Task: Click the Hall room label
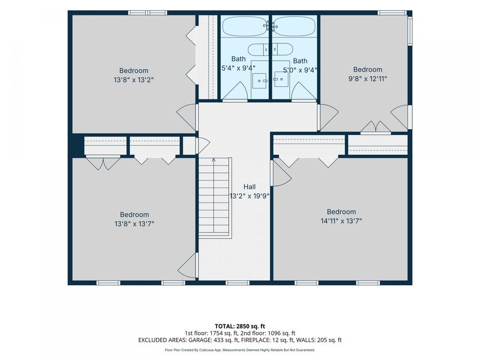point(250,187)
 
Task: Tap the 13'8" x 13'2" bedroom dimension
point(134,80)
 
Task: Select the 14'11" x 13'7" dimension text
point(341,221)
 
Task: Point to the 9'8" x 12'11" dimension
point(367,79)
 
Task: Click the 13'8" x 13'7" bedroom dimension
point(134,224)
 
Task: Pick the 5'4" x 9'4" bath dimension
point(238,68)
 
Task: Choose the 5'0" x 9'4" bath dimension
point(300,70)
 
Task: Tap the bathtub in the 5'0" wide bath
point(294,26)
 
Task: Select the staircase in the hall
point(214,198)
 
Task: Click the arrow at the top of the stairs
point(214,160)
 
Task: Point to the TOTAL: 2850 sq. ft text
point(239,326)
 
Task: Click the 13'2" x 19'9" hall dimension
point(250,196)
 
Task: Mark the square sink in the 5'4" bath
point(260,80)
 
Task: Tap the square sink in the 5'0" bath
point(281,79)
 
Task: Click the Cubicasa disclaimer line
point(239,350)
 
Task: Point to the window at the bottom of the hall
point(237,283)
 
